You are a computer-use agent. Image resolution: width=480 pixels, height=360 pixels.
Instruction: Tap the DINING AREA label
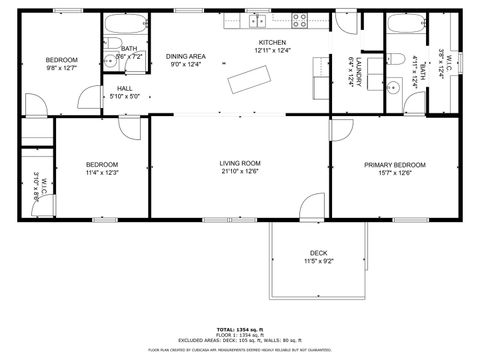(186, 56)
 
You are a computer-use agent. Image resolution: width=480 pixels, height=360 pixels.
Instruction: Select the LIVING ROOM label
(240, 163)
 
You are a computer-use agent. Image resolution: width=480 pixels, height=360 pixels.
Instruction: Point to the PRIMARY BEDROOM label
(395, 165)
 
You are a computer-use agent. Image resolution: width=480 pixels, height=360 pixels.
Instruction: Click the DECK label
(318, 253)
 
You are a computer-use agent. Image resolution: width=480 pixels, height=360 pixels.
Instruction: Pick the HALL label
(124, 88)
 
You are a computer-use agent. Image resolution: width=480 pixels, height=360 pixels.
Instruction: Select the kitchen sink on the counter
(256, 20)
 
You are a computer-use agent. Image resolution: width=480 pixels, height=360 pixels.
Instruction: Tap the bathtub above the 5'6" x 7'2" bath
(128, 24)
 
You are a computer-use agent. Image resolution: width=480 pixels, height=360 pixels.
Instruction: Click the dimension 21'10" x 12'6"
(240, 172)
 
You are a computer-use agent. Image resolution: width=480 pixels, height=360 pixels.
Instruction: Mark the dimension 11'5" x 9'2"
(318, 261)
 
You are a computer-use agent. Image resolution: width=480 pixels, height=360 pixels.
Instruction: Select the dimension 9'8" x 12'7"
(61, 69)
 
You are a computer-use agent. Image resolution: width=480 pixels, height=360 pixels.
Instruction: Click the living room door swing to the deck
(311, 207)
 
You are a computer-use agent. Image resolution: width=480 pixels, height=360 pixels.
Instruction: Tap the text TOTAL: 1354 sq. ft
(240, 328)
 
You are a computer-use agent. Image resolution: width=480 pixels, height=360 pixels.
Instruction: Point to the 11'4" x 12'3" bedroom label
(102, 172)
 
